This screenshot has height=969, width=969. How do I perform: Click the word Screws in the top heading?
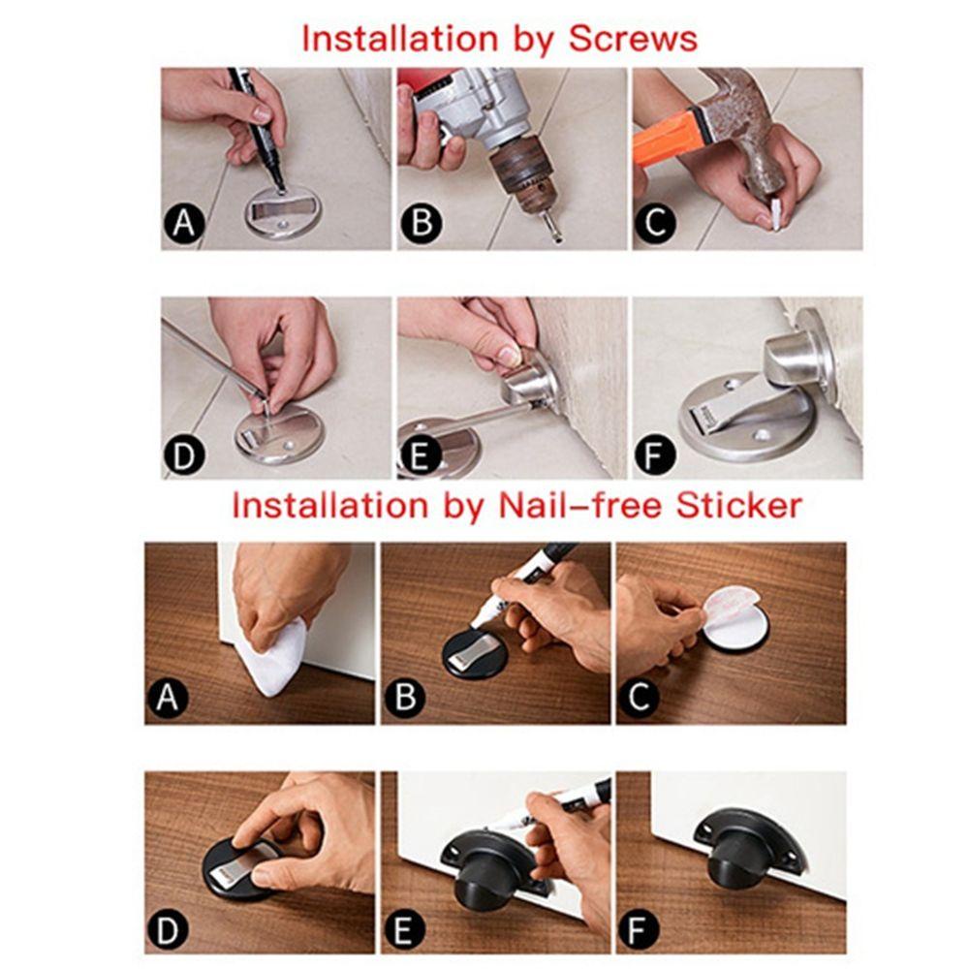point(633,39)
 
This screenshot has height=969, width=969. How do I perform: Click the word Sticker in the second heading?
point(738,505)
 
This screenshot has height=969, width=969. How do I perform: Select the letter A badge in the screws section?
point(183,223)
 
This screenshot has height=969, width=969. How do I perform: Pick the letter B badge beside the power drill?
point(422,223)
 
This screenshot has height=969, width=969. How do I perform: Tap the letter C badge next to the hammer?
point(655,223)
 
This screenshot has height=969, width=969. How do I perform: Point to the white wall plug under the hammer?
point(774,210)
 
